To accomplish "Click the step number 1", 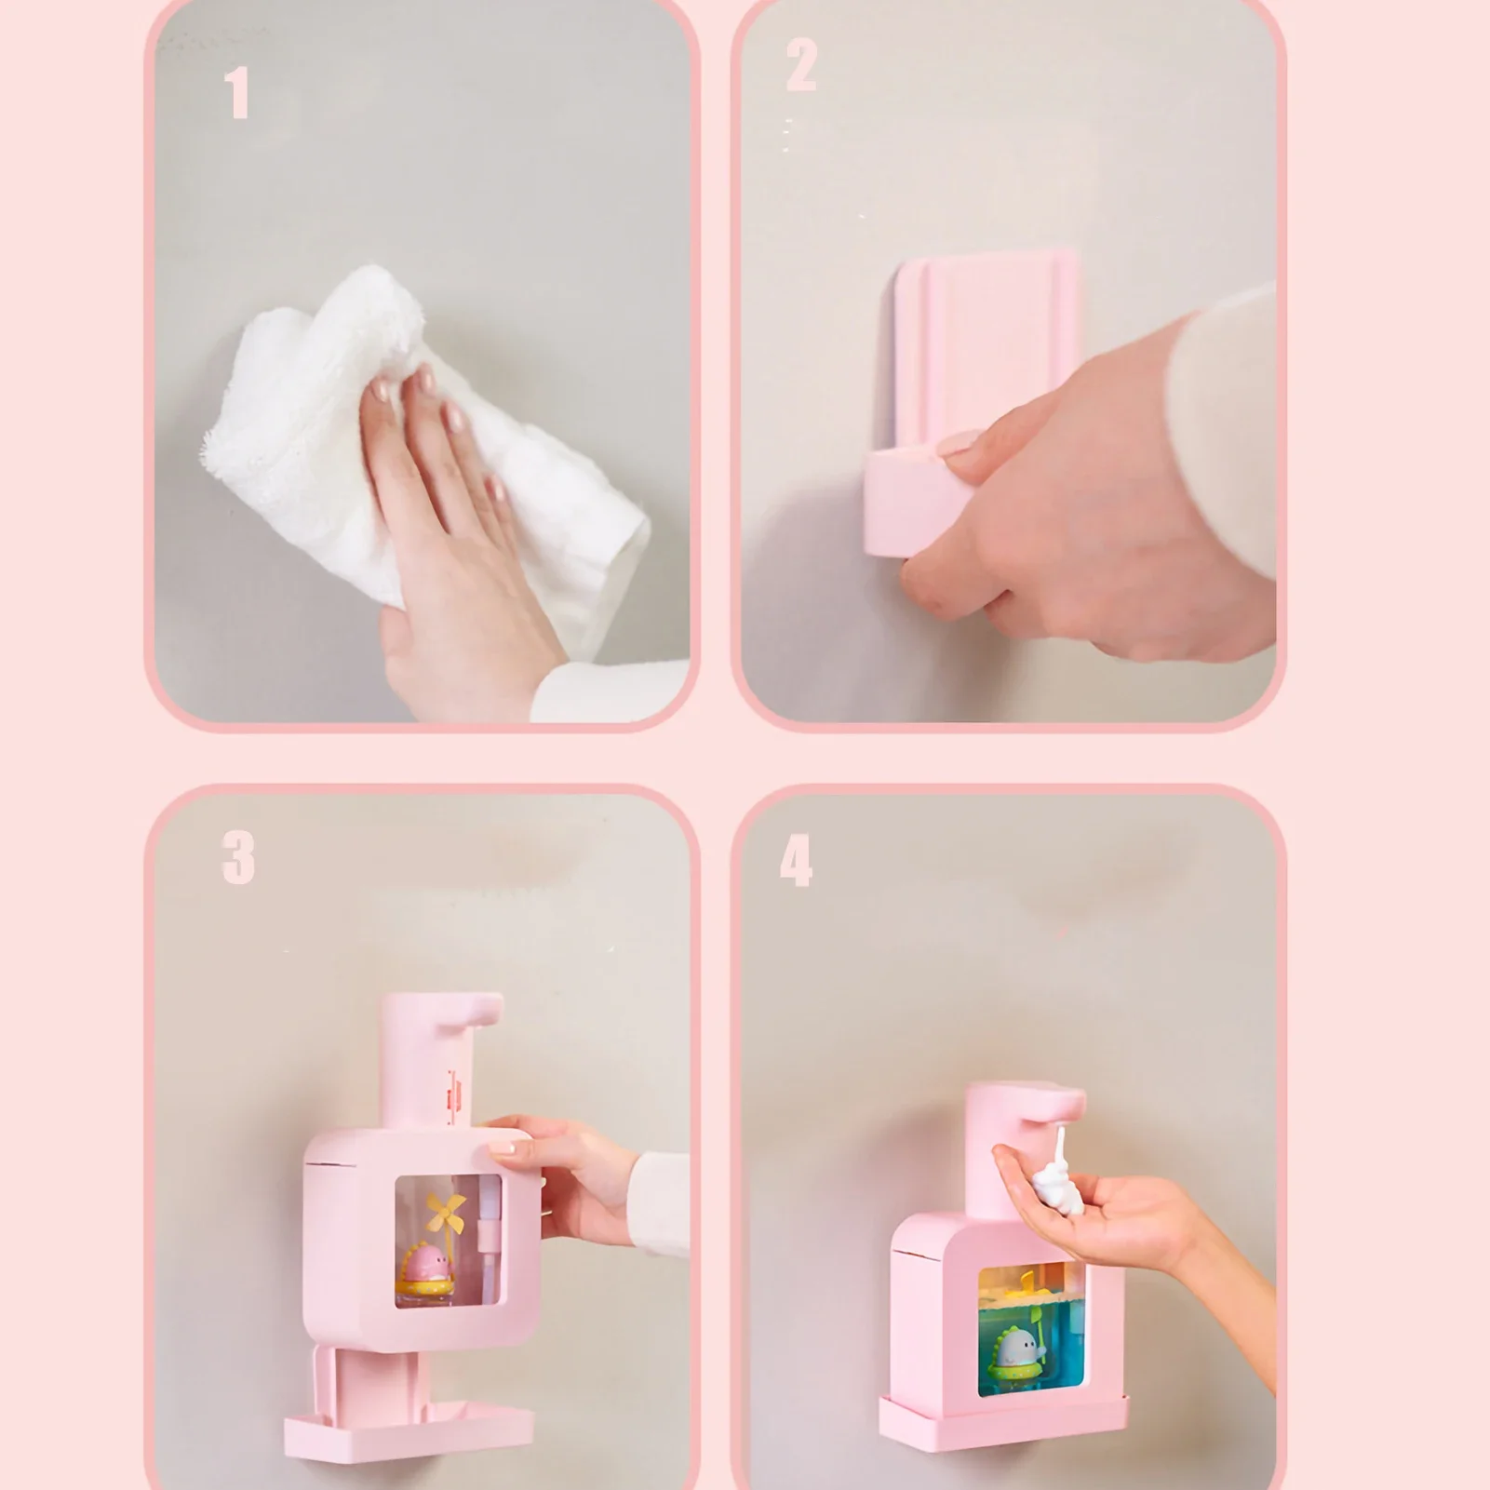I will point(237,93).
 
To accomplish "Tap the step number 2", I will point(800,65).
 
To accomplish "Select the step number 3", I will point(238,857).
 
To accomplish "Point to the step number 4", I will point(796,861).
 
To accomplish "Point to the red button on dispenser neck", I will point(456,1089).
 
